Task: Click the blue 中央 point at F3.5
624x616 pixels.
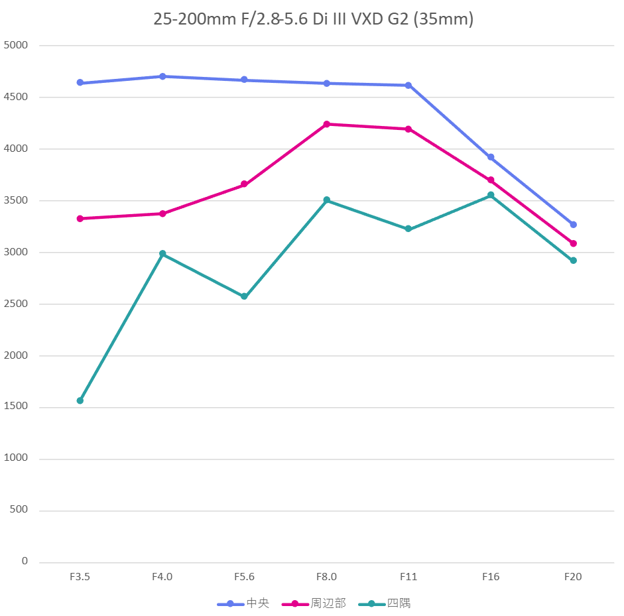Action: [80, 83]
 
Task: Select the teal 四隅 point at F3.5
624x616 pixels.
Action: [80, 400]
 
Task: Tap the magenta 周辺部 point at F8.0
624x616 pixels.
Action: [327, 124]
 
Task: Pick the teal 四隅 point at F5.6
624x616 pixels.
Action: [244, 296]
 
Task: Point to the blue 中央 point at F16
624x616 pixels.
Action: [491, 157]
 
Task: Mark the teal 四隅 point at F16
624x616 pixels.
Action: [491, 195]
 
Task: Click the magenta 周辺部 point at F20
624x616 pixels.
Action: [573, 243]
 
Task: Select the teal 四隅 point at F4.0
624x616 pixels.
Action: [162, 254]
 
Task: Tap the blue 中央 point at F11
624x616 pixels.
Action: [408, 85]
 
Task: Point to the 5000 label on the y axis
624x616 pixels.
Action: [16, 45]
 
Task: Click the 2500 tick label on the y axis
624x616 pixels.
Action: [16, 304]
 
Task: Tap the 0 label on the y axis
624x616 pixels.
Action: [25, 561]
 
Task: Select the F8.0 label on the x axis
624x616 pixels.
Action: [327, 577]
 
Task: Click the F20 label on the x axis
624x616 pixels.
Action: [573, 577]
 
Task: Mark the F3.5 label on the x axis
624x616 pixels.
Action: [80, 577]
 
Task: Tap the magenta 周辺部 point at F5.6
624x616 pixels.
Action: [244, 184]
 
